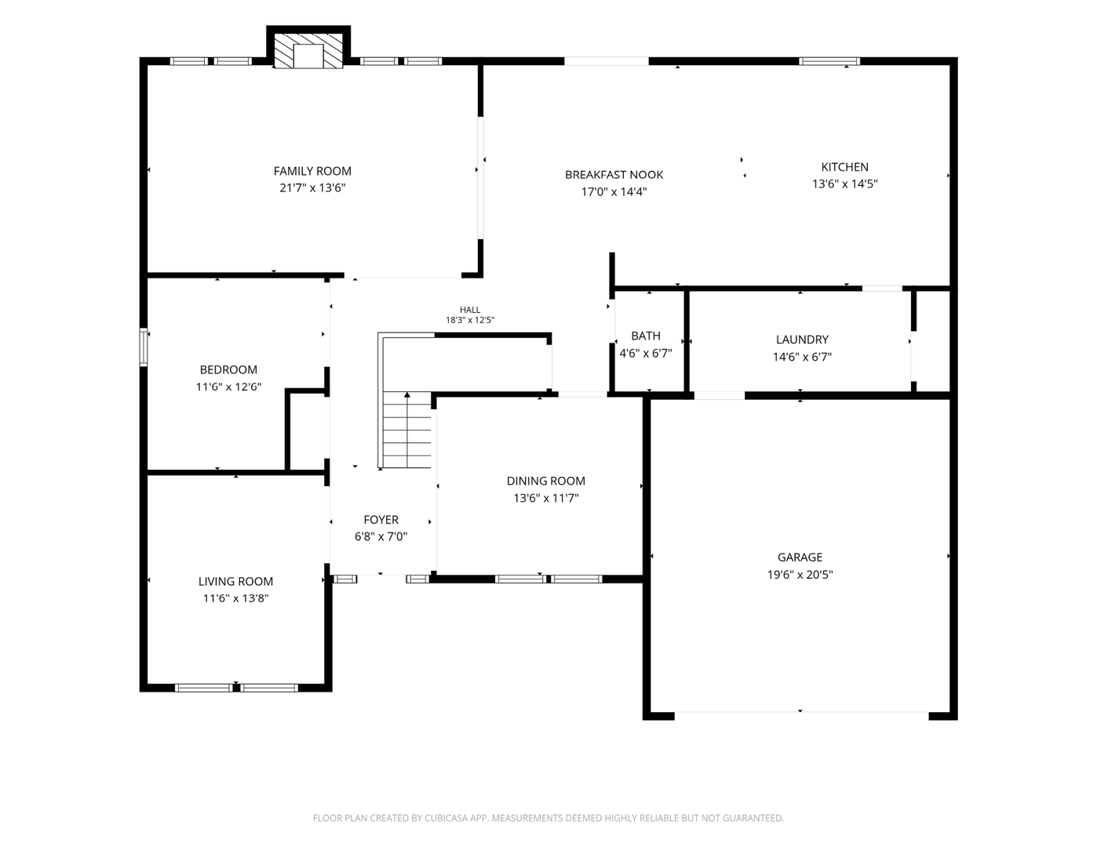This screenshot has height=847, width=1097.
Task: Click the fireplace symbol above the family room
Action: pyautogui.click(x=308, y=50)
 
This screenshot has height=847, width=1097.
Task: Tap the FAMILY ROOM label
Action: pyautogui.click(x=312, y=171)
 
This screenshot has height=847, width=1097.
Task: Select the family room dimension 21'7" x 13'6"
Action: pyautogui.click(x=312, y=188)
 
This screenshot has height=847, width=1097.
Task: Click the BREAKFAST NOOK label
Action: pyautogui.click(x=614, y=175)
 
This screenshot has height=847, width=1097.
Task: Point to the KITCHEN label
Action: pyautogui.click(x=844, y=167)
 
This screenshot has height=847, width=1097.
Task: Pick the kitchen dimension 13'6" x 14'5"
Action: pyautogui.click(x=844, y=184)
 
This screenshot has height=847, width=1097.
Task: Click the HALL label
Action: pyautogui.click(x=470, y=310)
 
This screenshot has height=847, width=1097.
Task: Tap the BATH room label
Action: pyautogui.click(x=646, y=336)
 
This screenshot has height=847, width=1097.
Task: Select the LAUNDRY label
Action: pyautogui.click(x=802, y=340)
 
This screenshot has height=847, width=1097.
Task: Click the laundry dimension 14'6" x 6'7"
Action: pyautogui.click(x=802, y=357)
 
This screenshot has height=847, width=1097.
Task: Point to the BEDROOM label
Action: pyautogui.click(x=228, y=369)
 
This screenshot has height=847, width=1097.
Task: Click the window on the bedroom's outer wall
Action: pyautogui.click(x=144, y=347)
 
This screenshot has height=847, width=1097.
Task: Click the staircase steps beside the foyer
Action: pyautogui.click(x=407, y=430)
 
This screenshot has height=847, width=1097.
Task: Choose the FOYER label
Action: pyautogui.click(x=381, y=520)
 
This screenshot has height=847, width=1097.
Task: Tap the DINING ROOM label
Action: pyautogui.click(x=545, y=482)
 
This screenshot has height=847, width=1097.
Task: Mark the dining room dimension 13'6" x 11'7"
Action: pyautogui.click(x=545, y=499)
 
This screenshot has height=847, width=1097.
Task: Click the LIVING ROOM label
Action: pyautogui.click(x=235, y=582)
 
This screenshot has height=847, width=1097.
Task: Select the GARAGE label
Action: pyautogui.click(x=800, y=558)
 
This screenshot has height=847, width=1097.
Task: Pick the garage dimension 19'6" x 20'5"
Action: pyautogui.click(x=800, y=575)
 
